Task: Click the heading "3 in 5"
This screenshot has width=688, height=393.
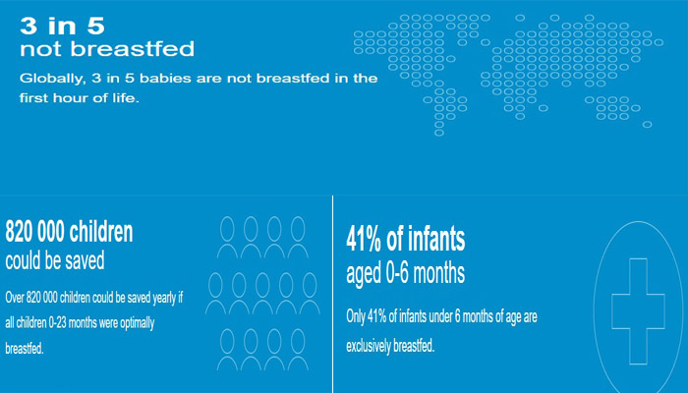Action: pos(62,26)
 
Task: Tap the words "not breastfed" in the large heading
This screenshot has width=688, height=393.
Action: pos(107,49)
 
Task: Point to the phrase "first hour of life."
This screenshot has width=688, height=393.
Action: pos(80,98)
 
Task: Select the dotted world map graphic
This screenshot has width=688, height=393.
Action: pos(508,75)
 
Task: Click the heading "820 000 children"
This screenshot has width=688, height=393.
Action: pos(69,232)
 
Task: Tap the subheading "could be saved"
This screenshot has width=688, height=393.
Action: pos(55,260)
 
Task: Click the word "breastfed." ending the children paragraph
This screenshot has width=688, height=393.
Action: pos(25,349)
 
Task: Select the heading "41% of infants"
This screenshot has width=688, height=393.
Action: pos(405,239)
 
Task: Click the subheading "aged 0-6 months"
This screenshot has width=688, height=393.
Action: pos(405,273)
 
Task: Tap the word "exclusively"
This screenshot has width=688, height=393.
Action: pos(369,346)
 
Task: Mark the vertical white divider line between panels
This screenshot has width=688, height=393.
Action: pos(332,294)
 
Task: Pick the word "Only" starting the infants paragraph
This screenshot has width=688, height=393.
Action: pos(356,316)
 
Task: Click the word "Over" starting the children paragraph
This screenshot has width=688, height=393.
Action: pos(15,298)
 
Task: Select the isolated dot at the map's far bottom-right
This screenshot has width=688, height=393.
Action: pos(647,125)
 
